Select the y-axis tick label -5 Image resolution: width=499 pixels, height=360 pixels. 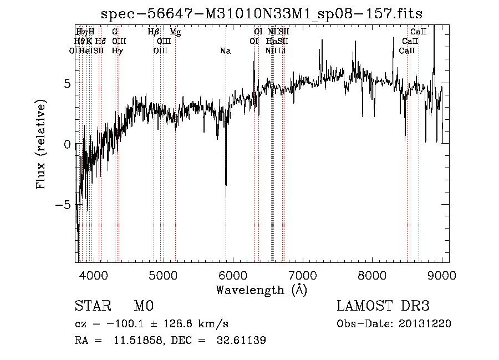click(x=63, y=205)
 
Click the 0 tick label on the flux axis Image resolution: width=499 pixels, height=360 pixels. click(x=67, y=144)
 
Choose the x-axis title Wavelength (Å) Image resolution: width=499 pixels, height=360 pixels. click(x=261, y=290)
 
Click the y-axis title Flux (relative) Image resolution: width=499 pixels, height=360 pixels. click(x=40, y=144)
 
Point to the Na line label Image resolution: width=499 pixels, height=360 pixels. click(x=225, y=51)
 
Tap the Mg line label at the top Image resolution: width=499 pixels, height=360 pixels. click(x=175, y=32)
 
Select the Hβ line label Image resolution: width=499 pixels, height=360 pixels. click(x=154, y=32)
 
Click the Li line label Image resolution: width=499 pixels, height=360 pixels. click(x=282, y=51)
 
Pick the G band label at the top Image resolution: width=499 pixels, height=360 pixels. click(x=115, y=32)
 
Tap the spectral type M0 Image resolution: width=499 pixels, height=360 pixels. click(x=143, y=306)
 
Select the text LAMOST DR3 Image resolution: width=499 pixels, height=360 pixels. click(x=383, y=306)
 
